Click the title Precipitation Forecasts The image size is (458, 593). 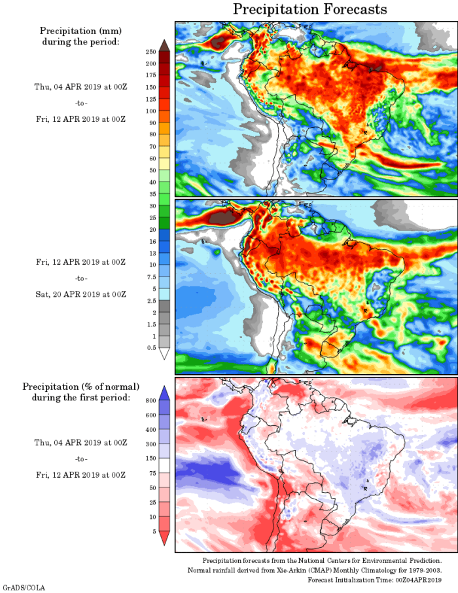(x=310, y=9)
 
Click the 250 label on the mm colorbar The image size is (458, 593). (x=150, y=52)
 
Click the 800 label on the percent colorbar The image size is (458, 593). (x=150, y=400)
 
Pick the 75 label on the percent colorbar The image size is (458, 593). (x=151, y=472)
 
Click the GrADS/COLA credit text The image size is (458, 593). (x=24, y=588)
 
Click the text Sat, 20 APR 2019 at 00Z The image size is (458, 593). (x=80, y=294)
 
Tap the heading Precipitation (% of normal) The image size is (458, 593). (x=80, y=387)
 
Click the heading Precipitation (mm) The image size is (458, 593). (x=80, y=31)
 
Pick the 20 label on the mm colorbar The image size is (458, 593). (x=151, y=229)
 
